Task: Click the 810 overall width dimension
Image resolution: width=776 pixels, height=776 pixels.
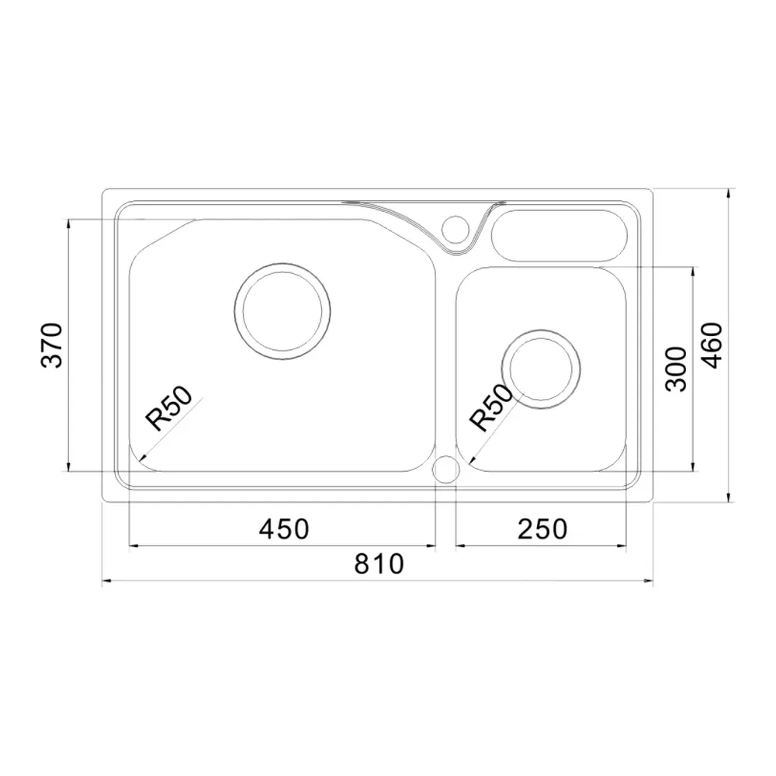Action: tap(379, 563)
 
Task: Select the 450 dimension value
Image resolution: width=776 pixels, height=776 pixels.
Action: tap(284, 528)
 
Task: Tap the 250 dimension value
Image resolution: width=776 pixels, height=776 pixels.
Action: tap(542, 528)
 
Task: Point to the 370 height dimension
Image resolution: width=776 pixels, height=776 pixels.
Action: tap(52, 345)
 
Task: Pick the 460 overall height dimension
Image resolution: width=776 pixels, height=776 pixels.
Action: tap(712, 345)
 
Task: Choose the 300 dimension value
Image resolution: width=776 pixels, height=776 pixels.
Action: tap(676, 369)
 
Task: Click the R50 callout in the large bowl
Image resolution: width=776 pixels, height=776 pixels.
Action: tap(168, 408)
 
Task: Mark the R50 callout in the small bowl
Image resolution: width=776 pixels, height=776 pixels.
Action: tap(492, 408)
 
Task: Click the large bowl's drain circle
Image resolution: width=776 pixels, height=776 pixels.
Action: tap(282, 263)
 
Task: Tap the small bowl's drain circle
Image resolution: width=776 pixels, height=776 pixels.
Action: tap(541, 330)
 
